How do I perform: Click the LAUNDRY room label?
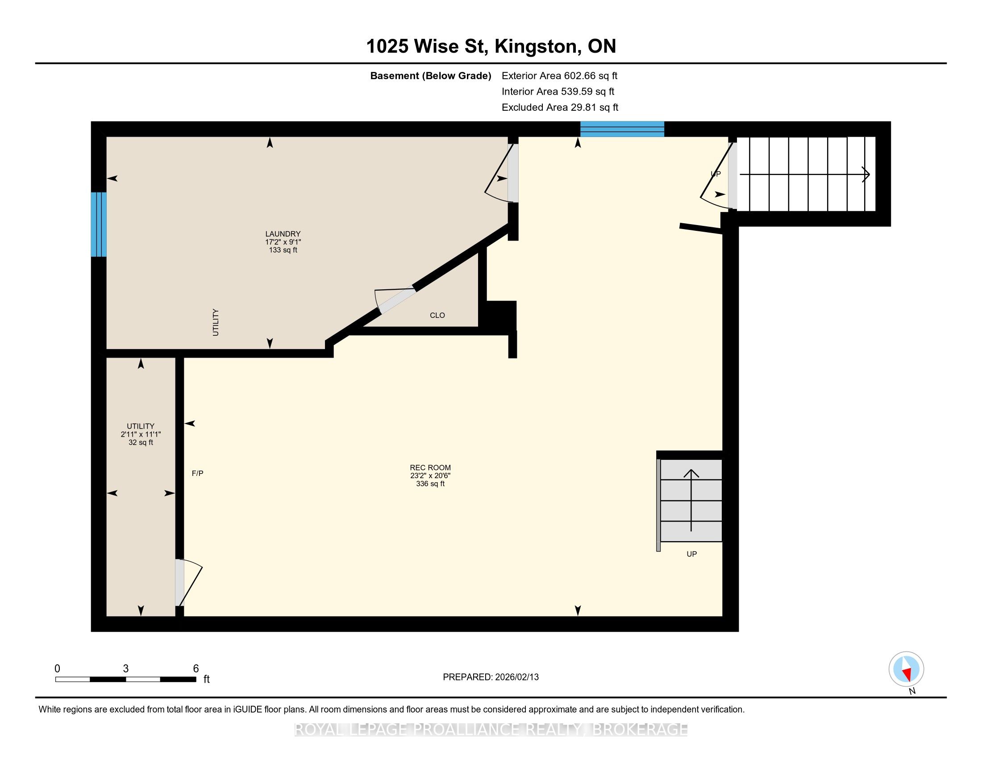pos(283,234)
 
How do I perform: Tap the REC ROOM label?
pos(430,467)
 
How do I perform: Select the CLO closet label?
pos(437,315)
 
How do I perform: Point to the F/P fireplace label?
pos(198,473)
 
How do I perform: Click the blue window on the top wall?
pos(622,129)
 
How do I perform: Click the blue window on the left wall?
pos(99,225)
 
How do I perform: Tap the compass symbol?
pos(907,669)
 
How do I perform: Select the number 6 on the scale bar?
pos(196,669)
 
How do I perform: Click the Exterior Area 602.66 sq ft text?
pos(560,75)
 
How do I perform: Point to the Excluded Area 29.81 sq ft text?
pos(560,107)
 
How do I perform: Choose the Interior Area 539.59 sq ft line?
pos(558,91)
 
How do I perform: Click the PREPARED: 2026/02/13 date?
pos(491,677)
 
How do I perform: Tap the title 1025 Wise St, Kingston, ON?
pos(491,46)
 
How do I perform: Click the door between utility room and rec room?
pos(188,583)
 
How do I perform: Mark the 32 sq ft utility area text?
pos(141,442)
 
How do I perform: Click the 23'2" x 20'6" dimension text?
pos(430,476)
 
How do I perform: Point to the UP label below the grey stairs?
pos(691,554)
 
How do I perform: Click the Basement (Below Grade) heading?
pos(430,75)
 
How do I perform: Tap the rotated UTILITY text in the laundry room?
pos(216,322)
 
